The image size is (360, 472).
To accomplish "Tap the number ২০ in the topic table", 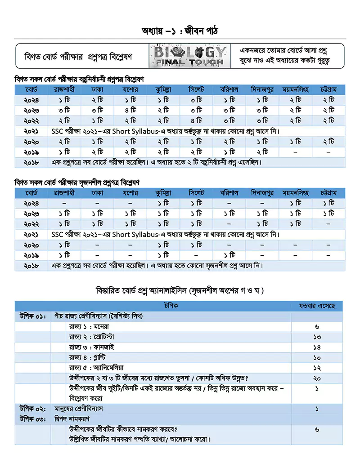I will pyautogui.click(x=317, y=378).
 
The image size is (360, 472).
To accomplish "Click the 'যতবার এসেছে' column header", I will pyautogui.click(x=317, y=306).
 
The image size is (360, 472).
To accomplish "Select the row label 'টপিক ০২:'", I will pyautogui.click(x=32, y=409).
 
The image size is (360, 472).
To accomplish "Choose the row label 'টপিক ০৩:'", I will pyautogui.click(x=32, y=419).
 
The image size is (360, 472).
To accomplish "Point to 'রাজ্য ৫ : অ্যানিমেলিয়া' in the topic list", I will pyautogui.click(x=97, y=368).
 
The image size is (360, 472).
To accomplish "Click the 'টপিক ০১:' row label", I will pyautogui.click(x=32, y=316).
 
